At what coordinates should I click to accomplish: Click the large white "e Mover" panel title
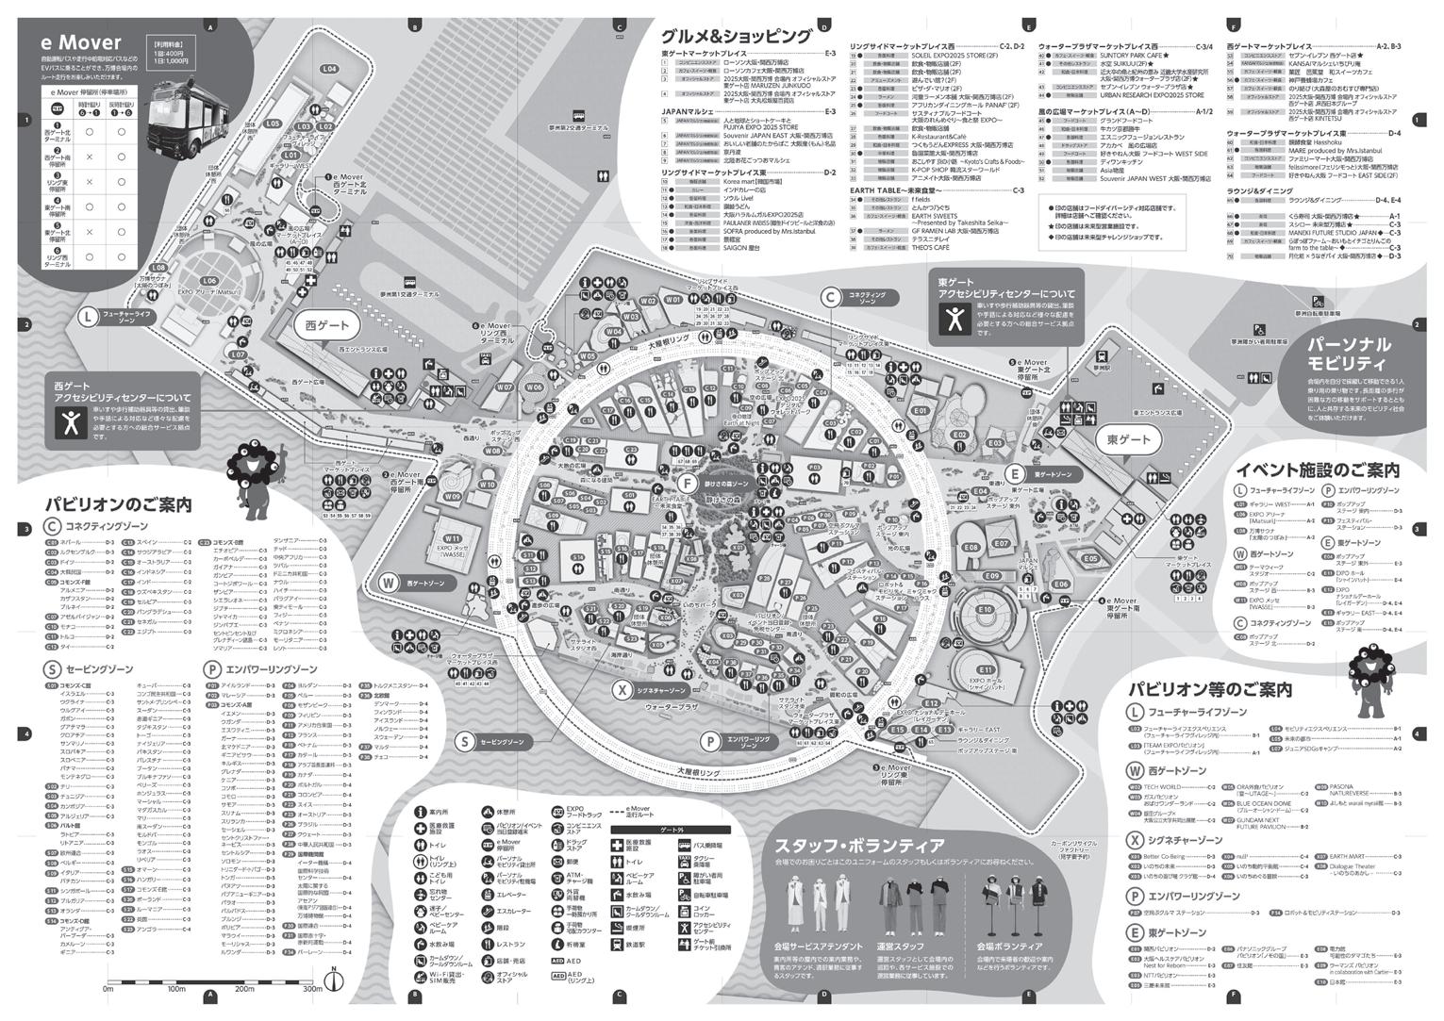[x=81, y=43]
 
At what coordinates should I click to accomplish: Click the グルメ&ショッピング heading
[x=736, y=37]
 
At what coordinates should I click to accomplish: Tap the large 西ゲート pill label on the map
[x=327, y=325]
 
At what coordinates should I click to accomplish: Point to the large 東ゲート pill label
[x=1128, y=440]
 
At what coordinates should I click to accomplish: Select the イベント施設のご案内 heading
[x=1317, y=469]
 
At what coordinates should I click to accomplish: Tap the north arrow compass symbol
[x=333, y=980]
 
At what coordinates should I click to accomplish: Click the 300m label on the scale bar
[x=312, y=989]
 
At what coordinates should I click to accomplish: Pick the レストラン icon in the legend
[x=490, y=945]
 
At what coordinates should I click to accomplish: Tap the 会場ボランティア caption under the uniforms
[x=1009, y=946]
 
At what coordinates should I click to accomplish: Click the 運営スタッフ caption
[x=901, y=946]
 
